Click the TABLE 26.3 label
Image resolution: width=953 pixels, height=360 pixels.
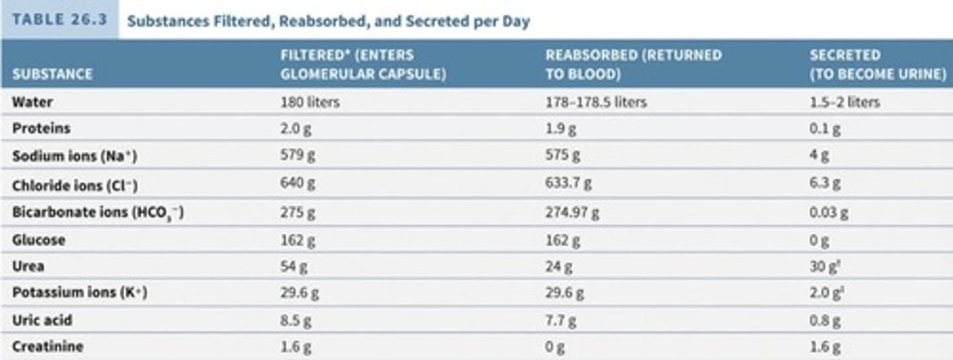click(60, 19)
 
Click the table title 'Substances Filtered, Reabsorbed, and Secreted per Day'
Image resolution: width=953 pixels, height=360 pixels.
click(328, 21)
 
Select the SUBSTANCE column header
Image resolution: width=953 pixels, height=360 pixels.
click(52, 74)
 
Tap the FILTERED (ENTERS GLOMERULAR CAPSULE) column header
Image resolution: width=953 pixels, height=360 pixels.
click(363, 64)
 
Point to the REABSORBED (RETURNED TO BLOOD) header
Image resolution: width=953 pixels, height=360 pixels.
click(633, 64)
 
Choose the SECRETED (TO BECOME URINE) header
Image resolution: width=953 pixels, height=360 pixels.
click(878, 64)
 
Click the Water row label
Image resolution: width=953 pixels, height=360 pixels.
click(32, 103)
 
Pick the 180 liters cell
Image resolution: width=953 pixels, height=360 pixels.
click(310, 103)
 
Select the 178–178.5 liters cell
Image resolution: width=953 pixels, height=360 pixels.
click(596, 103)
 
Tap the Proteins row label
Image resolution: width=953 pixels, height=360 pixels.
click(41, 128)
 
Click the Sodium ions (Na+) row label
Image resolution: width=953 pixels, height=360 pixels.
click(75, 156)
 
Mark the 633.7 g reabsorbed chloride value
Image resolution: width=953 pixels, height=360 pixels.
click(568, 183)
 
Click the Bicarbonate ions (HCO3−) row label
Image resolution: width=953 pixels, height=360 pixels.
click(97, 213)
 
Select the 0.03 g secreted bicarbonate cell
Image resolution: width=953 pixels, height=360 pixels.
click(829, 213)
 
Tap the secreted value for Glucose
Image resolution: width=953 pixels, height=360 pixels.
click(819, 241)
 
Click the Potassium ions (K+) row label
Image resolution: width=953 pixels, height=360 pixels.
click(79, 292)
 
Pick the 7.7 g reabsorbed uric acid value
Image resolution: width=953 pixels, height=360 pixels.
click(561, 321)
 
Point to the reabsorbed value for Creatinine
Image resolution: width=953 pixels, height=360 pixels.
click(555, 347)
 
